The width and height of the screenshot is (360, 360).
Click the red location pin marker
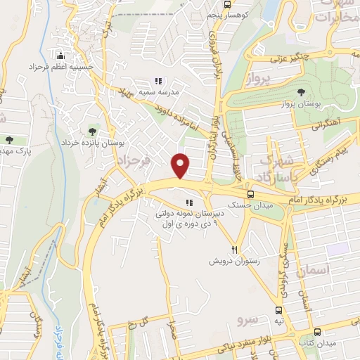tap(181, 166)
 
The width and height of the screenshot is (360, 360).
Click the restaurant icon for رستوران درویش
tap(236, 250)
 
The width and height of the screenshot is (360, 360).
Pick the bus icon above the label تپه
tap(280, 309)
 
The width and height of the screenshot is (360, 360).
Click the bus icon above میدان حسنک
tap(251, 194)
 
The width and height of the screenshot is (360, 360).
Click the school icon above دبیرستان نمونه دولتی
tap(188, 203)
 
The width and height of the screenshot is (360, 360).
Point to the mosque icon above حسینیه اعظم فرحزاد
tap(61, 56)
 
